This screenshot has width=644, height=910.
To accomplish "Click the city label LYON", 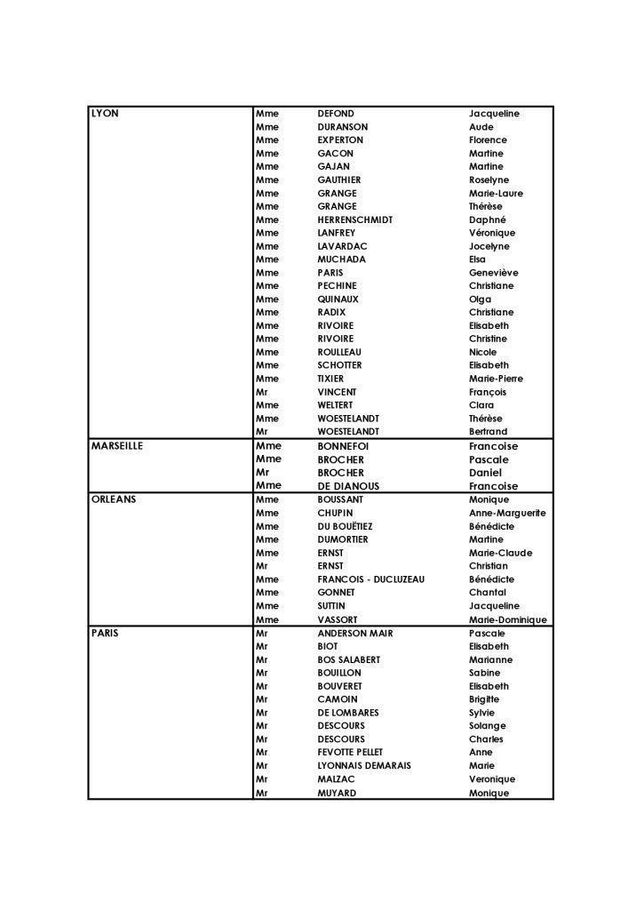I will click(105, 114).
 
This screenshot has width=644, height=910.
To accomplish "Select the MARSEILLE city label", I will click(117, 446).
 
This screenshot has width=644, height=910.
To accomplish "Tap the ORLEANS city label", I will click(113, 499).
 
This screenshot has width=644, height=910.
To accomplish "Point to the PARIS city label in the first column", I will click(105, 633).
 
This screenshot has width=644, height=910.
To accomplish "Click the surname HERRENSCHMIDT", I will click(354, 220).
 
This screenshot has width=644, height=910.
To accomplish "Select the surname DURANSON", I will click(342, 127).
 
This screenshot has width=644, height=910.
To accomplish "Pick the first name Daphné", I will click(488, 220).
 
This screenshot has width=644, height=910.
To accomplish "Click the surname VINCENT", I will click(337, 392).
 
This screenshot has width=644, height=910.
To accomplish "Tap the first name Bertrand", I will click(489, 432).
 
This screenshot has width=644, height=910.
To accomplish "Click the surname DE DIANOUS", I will click(348, 486).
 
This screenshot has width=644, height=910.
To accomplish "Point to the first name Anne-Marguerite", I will click(507, 513).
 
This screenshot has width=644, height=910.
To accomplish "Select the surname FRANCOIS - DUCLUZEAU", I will click(371, 579).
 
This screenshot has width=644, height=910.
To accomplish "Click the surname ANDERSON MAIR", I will click(355, 633).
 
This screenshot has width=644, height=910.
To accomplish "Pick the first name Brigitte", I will click(488, 699).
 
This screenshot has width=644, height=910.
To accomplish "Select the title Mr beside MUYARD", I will click(261, 793).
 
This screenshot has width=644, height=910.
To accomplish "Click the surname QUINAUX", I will click(338, 299).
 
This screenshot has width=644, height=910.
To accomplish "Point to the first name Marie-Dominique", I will click(508, 619).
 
